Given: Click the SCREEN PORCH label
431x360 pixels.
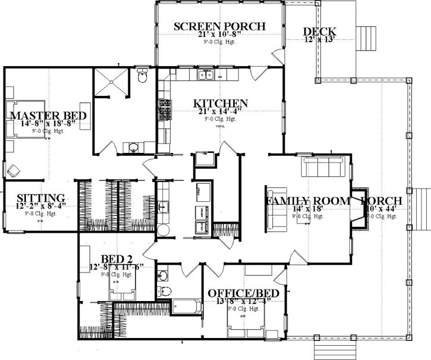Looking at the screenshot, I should pos(219,26).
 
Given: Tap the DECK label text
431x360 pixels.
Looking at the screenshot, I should pos(319,32).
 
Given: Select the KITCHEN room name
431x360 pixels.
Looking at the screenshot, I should pos(221,104).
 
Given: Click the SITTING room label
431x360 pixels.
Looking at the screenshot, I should pos(40,198).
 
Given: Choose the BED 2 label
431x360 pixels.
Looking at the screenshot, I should pos(116,259).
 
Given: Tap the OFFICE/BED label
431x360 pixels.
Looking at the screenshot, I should pos(240,293).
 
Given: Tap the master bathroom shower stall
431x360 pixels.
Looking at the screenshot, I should pos(111,82).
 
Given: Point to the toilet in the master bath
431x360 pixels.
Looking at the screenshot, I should pos(141,76).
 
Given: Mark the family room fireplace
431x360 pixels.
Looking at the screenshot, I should pos(358,209).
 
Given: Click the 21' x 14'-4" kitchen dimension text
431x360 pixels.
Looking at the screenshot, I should pos(221,112).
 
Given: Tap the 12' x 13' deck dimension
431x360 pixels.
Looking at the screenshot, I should pos(319,40).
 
